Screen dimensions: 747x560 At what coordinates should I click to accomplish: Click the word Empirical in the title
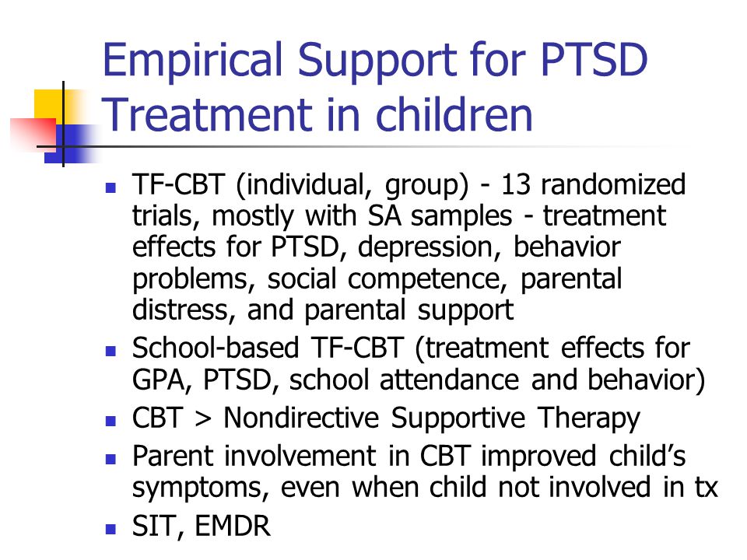pos(194,61)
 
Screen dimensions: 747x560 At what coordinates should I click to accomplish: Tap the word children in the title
pos(454,114)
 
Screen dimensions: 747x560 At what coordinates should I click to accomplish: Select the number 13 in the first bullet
pos(515,184)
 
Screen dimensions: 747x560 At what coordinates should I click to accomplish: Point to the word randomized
pos(613,184)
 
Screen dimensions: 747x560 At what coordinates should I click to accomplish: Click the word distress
pos(184,310)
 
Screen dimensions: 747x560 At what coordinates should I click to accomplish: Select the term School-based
pos(216,348)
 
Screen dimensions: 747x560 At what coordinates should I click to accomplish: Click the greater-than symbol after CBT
pos(203,418)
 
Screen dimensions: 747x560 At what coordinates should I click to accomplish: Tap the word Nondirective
pos(301,418)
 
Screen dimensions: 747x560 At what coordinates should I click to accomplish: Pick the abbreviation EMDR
pos(233,527)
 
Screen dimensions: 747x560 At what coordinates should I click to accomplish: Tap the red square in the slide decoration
pos(33,133)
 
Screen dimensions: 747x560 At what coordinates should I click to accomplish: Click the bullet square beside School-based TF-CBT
pos(111,352)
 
